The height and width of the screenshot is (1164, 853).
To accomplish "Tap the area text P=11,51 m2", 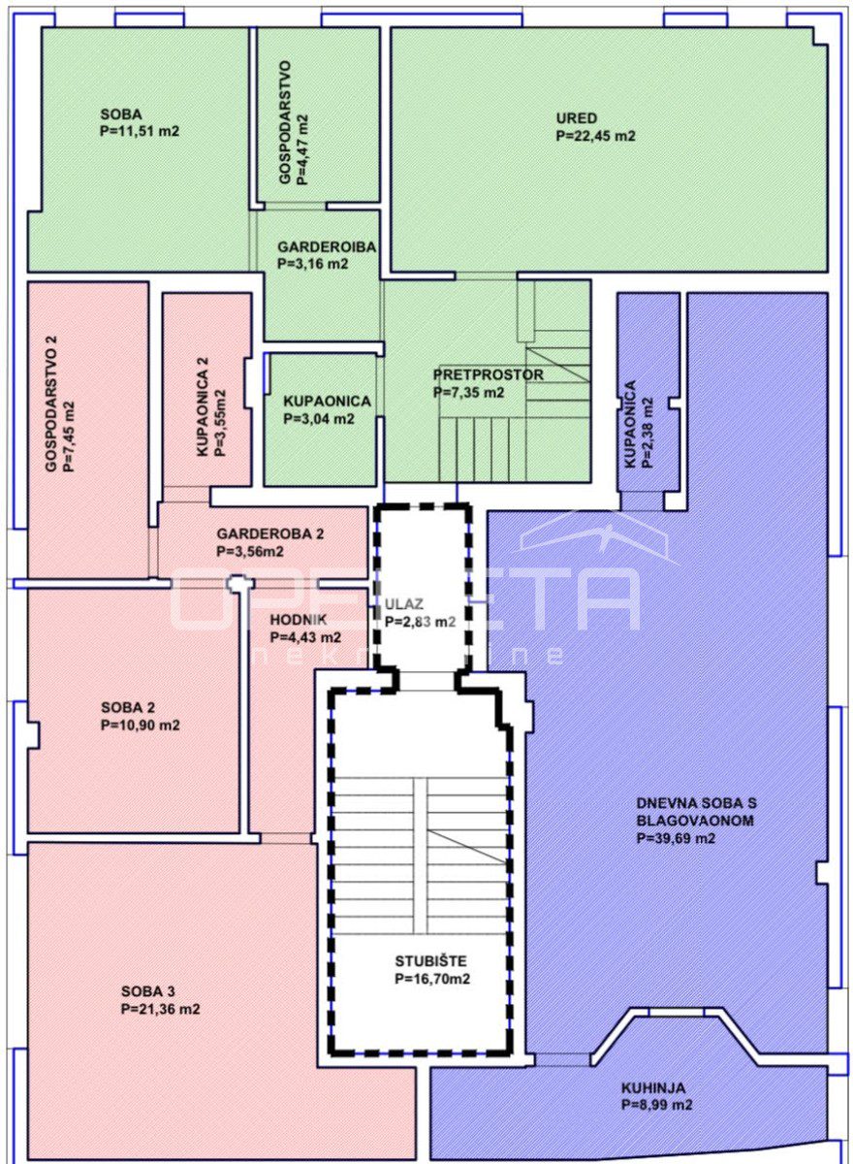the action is coord(140,132).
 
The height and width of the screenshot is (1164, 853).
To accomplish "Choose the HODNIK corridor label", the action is coord(298,620).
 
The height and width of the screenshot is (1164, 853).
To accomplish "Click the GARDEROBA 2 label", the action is coord(270,533).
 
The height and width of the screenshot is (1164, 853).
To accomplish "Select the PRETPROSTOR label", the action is coord(488,374).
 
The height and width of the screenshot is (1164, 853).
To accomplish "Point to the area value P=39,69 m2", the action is coord(676,838).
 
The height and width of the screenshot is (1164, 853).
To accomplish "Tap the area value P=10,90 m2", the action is coord(141,725).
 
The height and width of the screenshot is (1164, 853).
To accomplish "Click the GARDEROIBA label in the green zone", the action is coord(327,246).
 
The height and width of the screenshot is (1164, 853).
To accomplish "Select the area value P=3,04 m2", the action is coord(319,418).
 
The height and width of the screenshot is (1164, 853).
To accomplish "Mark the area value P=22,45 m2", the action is coord(596,136).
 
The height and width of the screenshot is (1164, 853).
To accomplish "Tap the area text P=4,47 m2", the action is coord(302,149).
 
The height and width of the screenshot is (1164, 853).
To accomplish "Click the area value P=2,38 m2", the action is coord(647,433).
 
